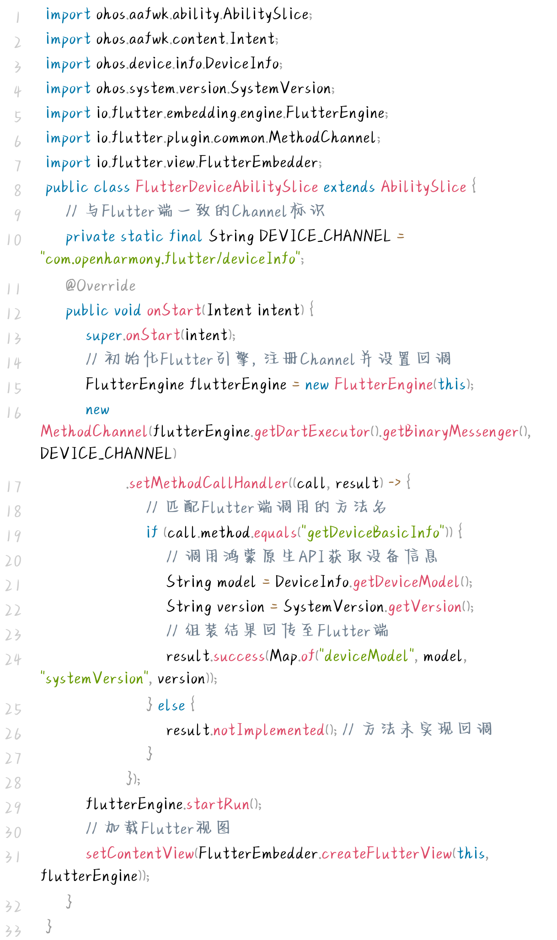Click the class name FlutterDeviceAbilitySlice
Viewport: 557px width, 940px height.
[226, 187]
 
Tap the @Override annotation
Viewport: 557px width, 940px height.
[101, 286]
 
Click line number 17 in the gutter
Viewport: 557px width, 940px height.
[14, 486]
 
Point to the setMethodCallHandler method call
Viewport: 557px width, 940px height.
[208, 483]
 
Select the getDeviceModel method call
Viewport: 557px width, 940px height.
[406, 582]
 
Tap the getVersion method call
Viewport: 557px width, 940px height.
[424, 607]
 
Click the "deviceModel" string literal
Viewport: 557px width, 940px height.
[366, 656]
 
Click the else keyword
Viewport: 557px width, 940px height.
[171, 705]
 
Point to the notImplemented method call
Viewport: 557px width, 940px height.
[269, 730]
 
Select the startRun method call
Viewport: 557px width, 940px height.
[218, 804]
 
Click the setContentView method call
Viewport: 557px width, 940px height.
[140, 854]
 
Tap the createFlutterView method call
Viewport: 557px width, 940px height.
[386, 854]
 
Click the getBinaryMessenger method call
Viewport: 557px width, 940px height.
[450, 432]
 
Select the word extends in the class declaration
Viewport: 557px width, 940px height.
[349, 187]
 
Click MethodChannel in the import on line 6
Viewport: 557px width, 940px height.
[322, 138]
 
